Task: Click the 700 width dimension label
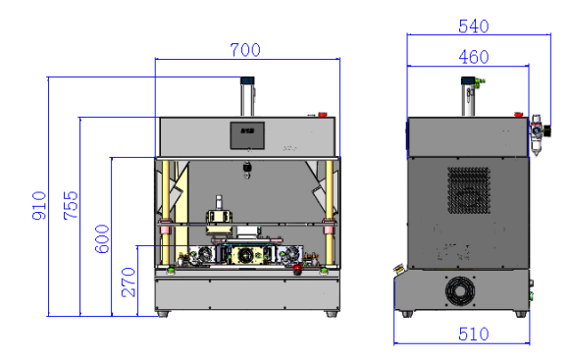tap(245, 50)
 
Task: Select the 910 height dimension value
tap(39, 205)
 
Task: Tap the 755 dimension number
tap(71, 205)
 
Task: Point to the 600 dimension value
tap(102, 238)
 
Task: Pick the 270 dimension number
tap(129, 283)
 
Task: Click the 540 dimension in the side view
tap(474, 26)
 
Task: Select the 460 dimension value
tap(474, 57)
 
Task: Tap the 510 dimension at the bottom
tap(474, 334)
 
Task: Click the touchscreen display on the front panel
tap(247, 135)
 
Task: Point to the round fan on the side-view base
tap(460, 291)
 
